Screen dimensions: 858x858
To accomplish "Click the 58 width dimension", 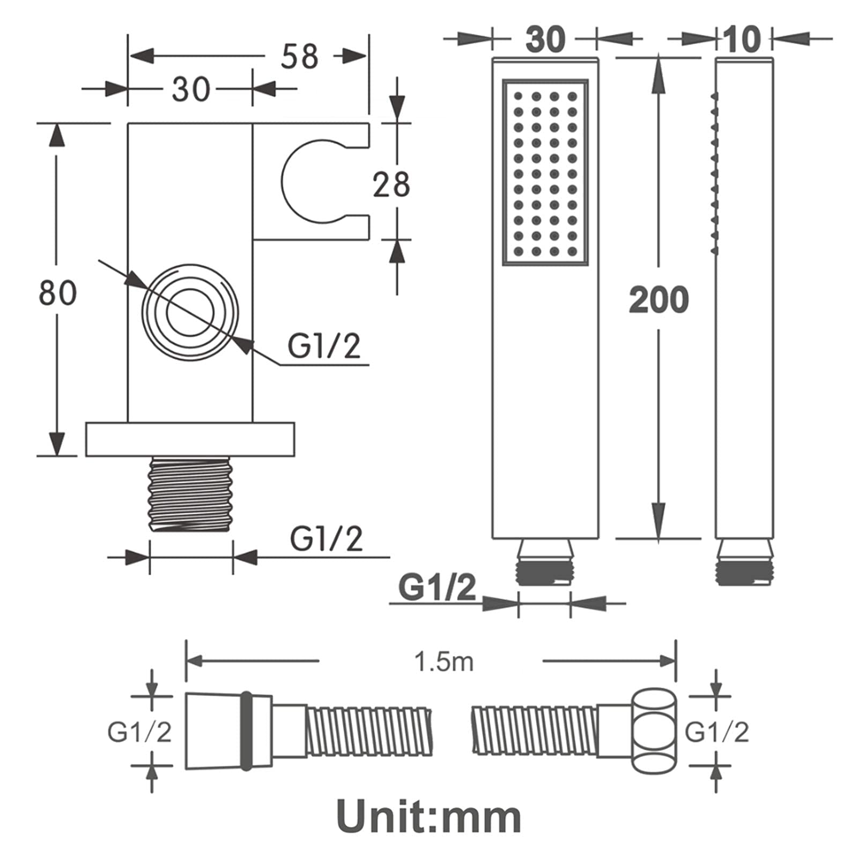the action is pos(299,56).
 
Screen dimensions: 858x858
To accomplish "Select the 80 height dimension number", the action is pos(58,293).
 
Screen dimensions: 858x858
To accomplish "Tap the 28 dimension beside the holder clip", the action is pos(391,184).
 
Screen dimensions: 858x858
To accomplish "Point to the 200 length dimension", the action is pos(659,300).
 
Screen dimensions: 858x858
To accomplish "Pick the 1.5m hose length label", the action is pos(444,662).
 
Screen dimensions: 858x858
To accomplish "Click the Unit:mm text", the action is pos(429,817).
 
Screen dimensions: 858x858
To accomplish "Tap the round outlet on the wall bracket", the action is pos(190,313).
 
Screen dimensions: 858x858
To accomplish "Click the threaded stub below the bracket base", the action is pos(190,494).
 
